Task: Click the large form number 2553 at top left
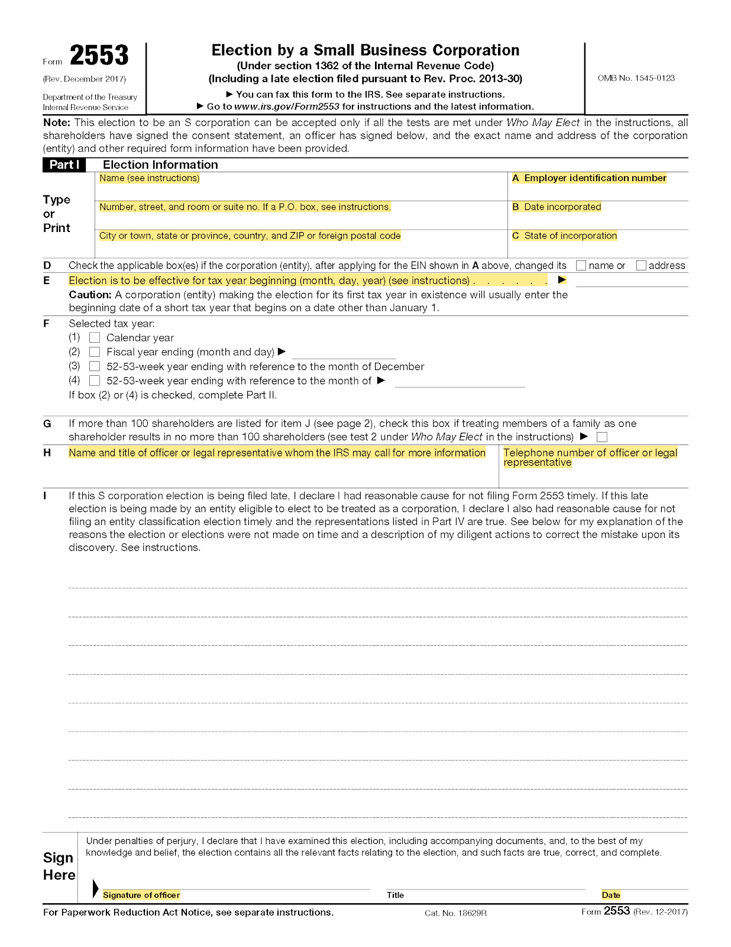coord(99,56)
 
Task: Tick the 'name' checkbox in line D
coord(581,266)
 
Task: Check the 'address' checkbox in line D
coord(641,266)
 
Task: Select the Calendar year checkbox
coord(95,338)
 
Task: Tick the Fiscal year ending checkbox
coord(95,352)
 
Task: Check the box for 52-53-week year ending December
coord(95,366)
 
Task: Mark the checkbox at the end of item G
coord(602,437)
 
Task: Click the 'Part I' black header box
coord(64,165)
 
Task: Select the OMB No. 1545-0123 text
coord(636,78)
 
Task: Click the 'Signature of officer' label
coord(141,895)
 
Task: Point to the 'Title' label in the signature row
coord(395,895)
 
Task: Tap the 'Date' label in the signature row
coord(611,895)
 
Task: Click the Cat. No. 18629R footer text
coord(455,913)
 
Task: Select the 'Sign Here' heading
coord(59,867)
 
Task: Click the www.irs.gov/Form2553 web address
coord(287,107)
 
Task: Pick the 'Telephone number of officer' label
coord(590,453)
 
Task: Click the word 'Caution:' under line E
coord(90,295)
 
